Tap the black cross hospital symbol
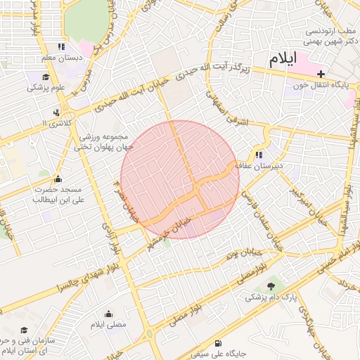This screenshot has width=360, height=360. (x=321, y=74)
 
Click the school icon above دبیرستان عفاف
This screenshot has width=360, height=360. (x=259, y=155)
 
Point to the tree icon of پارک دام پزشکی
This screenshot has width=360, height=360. (x=271, y=285)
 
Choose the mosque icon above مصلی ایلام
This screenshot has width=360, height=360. (x=108, y=314)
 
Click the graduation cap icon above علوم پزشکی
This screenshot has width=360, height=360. (x=46, y=77)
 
